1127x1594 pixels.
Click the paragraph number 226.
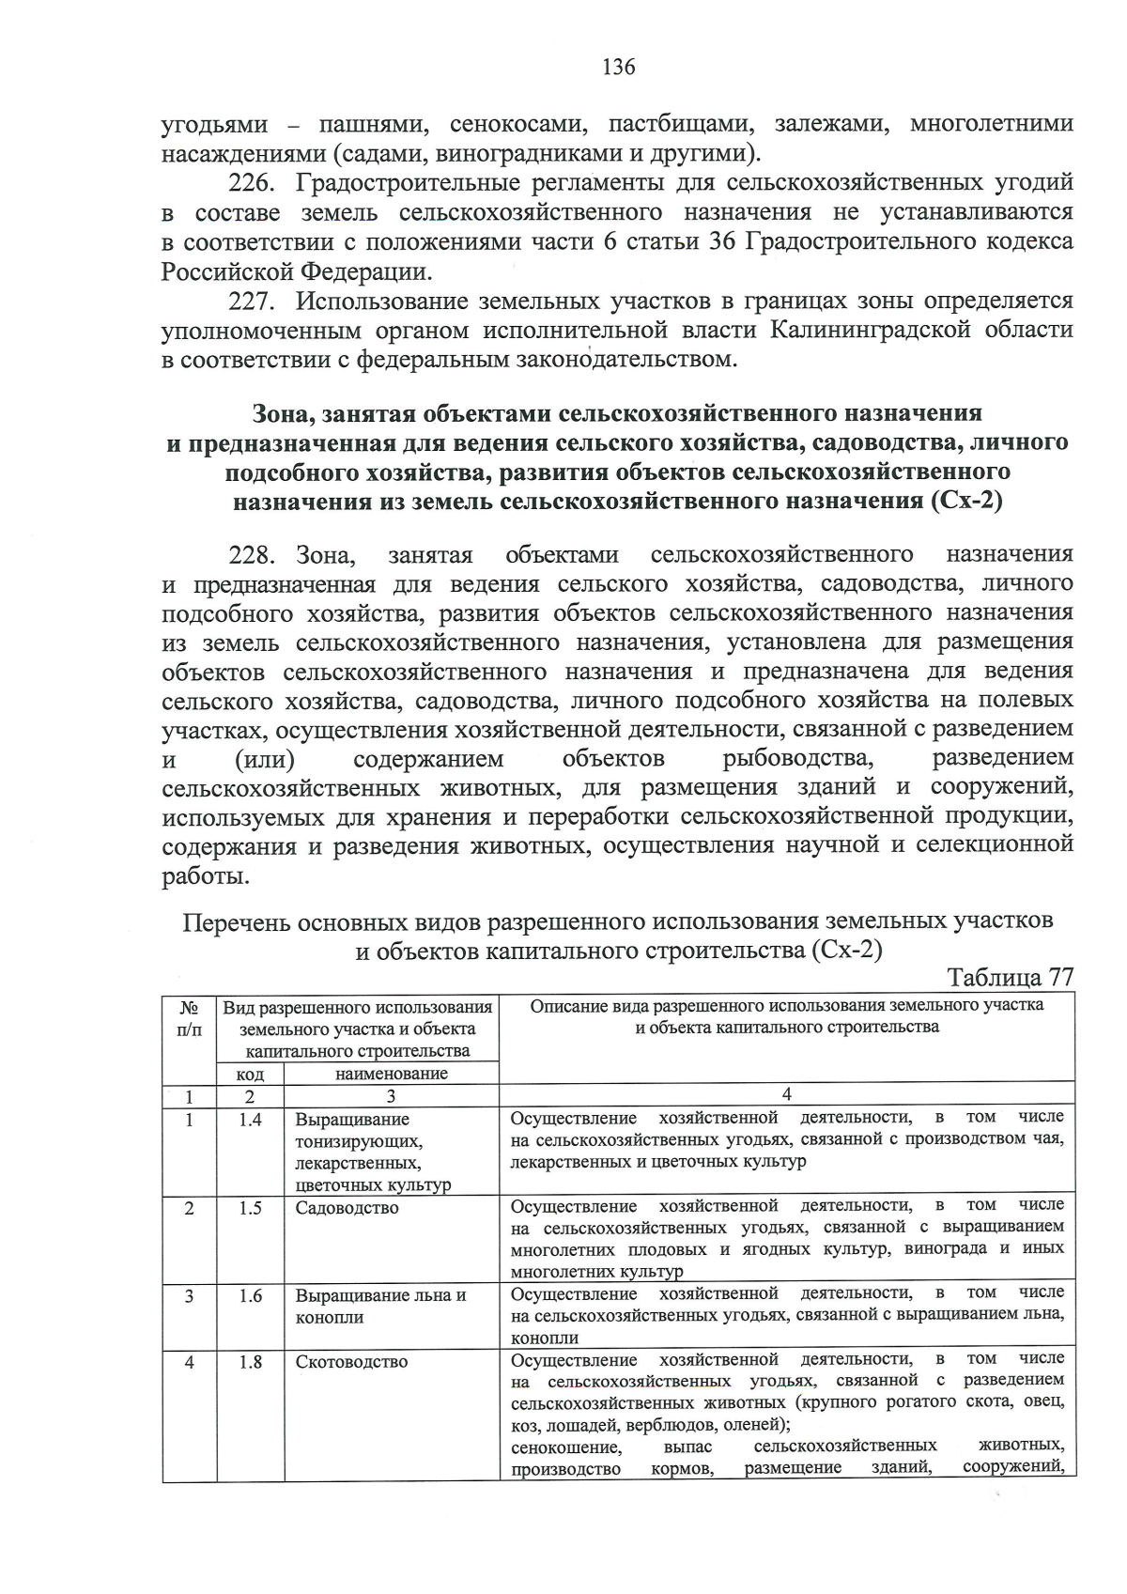click(250, 182)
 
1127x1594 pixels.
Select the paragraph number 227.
click(250, 302)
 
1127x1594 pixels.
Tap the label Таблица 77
click(1010, 977)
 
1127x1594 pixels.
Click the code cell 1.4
click(250, 1120)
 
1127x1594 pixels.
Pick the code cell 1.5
click(250, 1208)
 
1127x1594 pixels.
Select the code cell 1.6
click(250, 1295)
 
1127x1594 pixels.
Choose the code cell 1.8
click(250, 1361)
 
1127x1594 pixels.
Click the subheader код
click(250, 1074)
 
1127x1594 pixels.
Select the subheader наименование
click(391, 1073)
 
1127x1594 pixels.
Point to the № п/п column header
click(189, 1017)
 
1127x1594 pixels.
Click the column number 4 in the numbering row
click(787, 1094)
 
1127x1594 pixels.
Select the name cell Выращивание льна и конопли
click(379, 1306)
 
